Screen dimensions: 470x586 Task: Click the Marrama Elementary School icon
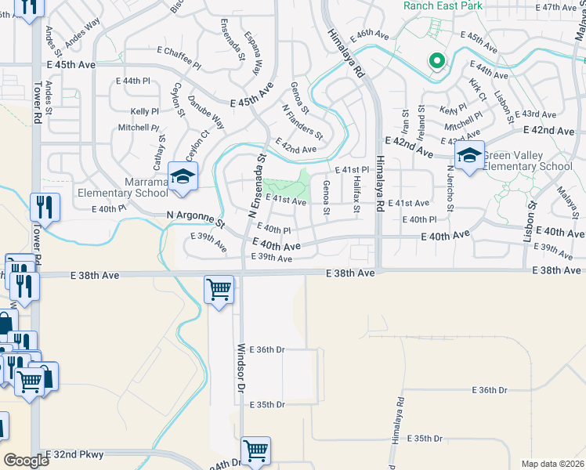183,177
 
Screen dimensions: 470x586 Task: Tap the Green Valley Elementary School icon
469,157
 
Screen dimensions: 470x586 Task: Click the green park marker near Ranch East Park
436,61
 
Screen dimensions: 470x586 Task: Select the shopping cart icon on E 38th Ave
219,289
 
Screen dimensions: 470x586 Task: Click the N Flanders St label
302,121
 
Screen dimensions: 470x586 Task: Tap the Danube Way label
212,113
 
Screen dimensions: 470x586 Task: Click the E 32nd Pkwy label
74,454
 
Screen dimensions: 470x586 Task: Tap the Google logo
26,461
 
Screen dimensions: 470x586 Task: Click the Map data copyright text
552,464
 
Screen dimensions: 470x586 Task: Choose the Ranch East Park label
443,5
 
